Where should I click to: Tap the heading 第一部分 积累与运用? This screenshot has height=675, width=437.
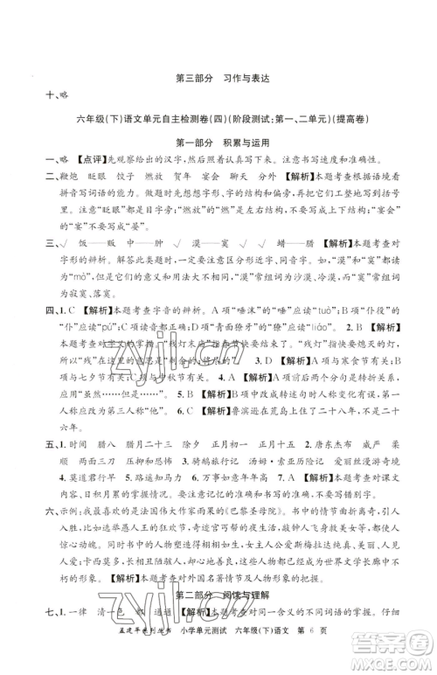coord(219,143)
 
